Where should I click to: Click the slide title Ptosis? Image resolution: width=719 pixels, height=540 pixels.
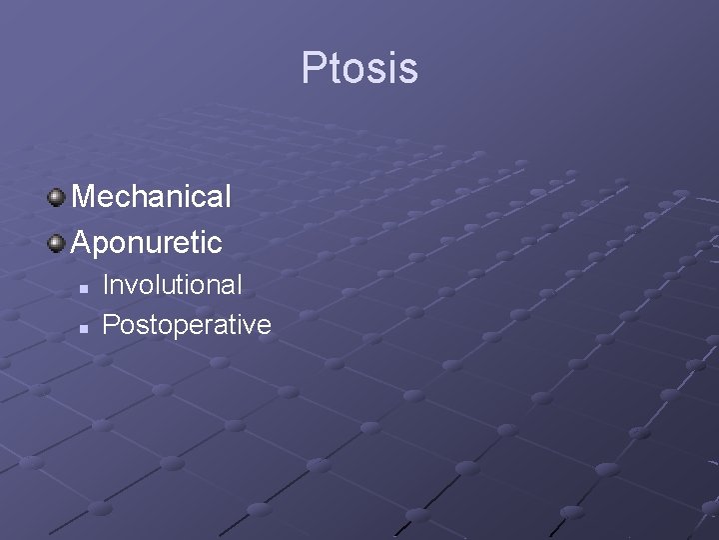coord(359,68)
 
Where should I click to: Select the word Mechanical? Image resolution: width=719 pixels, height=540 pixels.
coord(151,196)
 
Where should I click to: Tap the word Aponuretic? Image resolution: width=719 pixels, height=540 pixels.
coord(147,242)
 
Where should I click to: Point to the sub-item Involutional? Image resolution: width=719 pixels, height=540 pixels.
coord(172,285)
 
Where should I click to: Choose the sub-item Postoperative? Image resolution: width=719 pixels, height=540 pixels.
coord(187,325)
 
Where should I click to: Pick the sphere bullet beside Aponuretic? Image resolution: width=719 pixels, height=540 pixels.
coord(57,241)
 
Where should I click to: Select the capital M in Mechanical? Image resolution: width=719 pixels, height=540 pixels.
coord(85,196)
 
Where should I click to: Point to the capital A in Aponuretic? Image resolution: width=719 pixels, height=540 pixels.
coord(83,242)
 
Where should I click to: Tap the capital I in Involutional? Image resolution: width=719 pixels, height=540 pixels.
coord(106,285)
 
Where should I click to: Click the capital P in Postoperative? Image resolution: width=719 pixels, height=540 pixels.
coord(111,325)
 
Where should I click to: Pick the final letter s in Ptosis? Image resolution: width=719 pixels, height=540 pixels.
coord(408,70)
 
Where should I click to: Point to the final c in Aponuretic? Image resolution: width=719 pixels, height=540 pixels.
coord(215,244)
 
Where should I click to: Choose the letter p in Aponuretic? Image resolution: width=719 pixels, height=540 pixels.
coord(104,245)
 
